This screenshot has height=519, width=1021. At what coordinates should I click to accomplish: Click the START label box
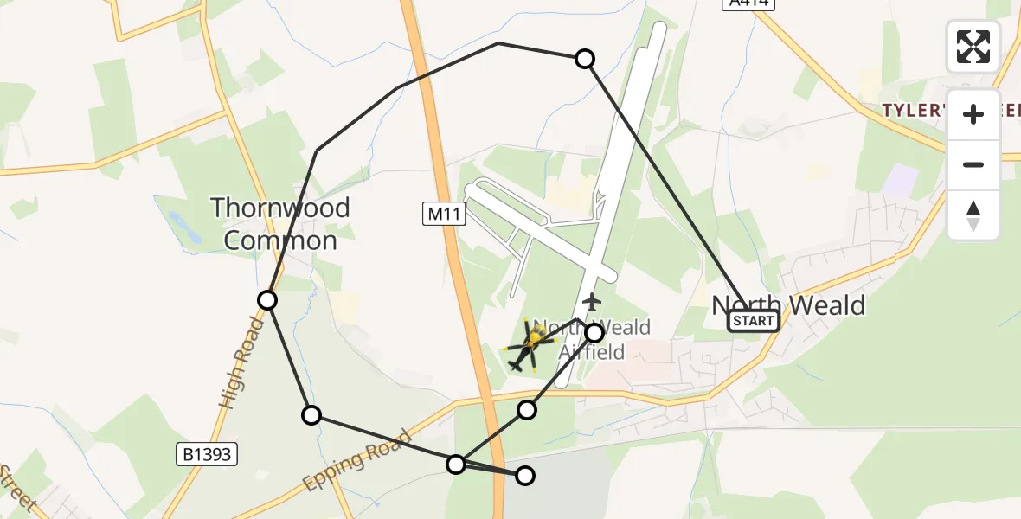753,321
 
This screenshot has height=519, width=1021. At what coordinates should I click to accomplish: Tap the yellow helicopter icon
528,346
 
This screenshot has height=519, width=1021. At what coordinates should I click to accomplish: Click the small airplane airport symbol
592,303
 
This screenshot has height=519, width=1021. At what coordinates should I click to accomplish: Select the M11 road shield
445,214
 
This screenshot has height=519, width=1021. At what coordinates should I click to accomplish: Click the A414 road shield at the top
747,3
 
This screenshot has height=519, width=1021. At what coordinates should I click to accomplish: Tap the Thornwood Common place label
280,223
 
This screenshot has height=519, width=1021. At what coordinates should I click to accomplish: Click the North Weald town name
787,304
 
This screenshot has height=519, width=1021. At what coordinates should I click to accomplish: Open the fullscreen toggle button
973,47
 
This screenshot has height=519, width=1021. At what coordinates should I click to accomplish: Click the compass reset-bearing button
973,215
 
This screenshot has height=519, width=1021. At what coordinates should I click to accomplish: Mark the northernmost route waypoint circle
585,59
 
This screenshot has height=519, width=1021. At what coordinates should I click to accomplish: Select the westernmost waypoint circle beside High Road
267,300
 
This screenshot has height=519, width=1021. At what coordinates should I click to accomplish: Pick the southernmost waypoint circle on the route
525,475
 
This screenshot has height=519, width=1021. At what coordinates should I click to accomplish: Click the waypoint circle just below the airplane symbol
594,332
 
